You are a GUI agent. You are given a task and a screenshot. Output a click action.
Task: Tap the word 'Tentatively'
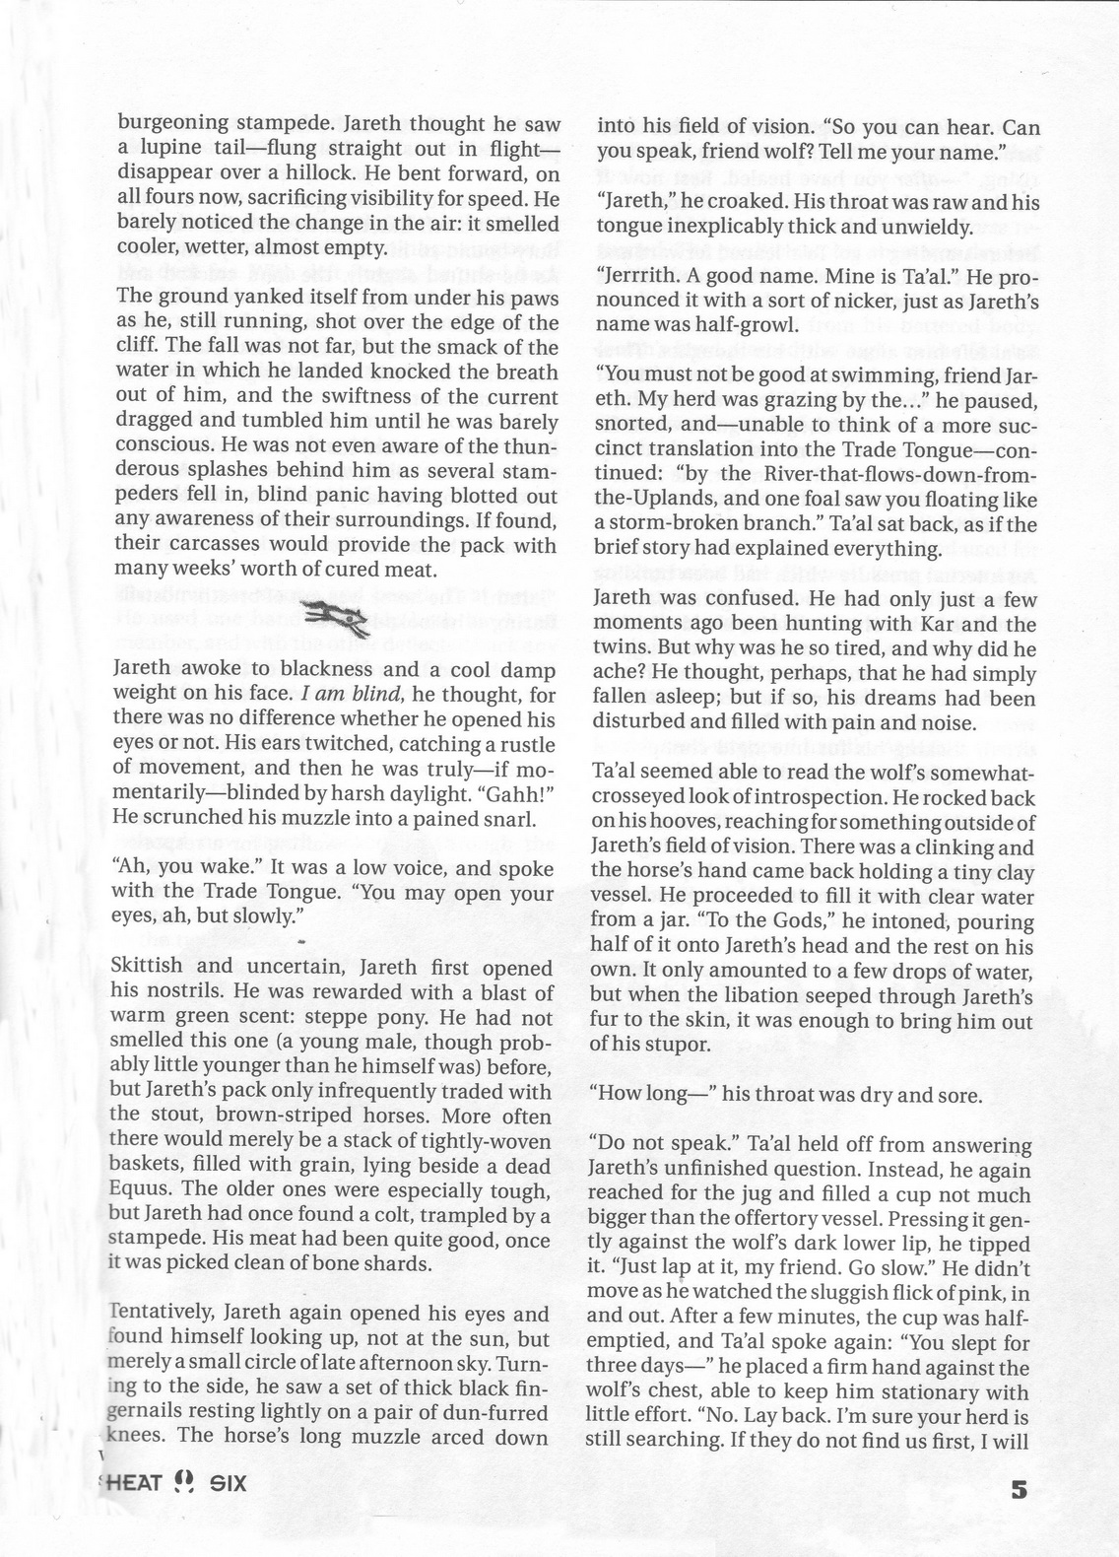[x=165, y=1315]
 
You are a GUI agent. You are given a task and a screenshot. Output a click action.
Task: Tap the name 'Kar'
[x=951, y=624]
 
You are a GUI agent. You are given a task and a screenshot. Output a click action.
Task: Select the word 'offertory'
[x=857, y=1220]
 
